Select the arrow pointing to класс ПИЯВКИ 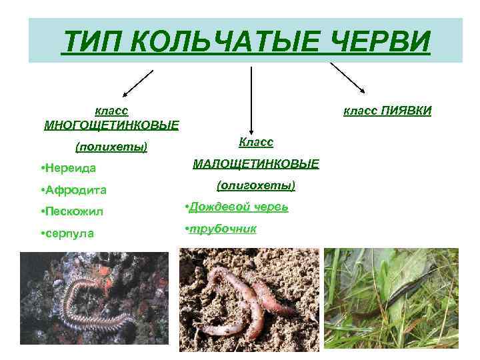click(348, 77)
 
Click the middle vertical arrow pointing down click(251, 100)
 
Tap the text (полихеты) click(111, 146)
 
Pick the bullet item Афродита click(75, 190)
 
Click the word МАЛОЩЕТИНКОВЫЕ click(256, 163)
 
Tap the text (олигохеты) click(256, 185)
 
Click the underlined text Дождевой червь click(238, 207)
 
